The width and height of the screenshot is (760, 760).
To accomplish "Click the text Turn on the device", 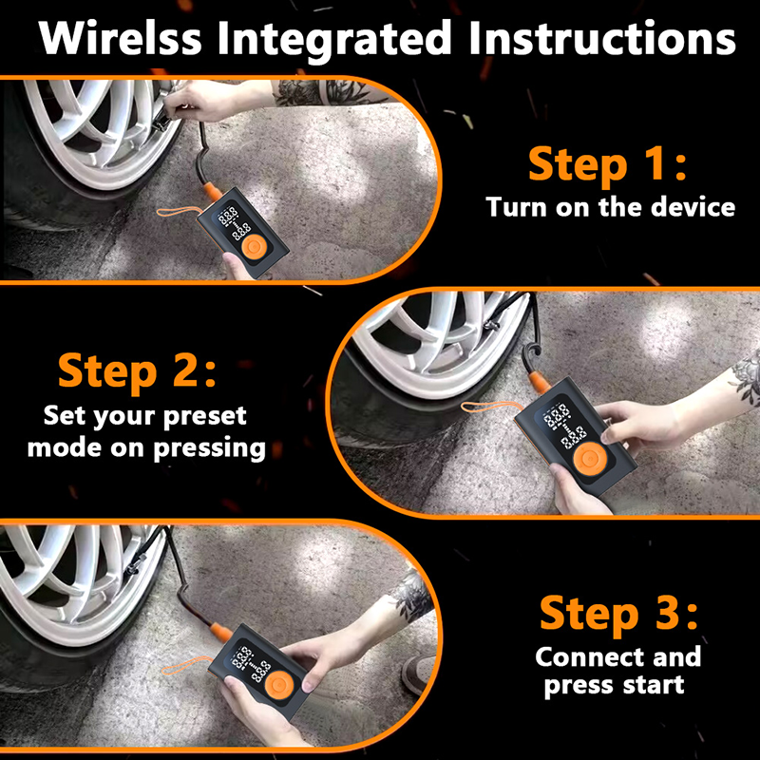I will [x=610, y=206].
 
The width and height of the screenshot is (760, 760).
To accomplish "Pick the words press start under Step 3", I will [x=614, y=685].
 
